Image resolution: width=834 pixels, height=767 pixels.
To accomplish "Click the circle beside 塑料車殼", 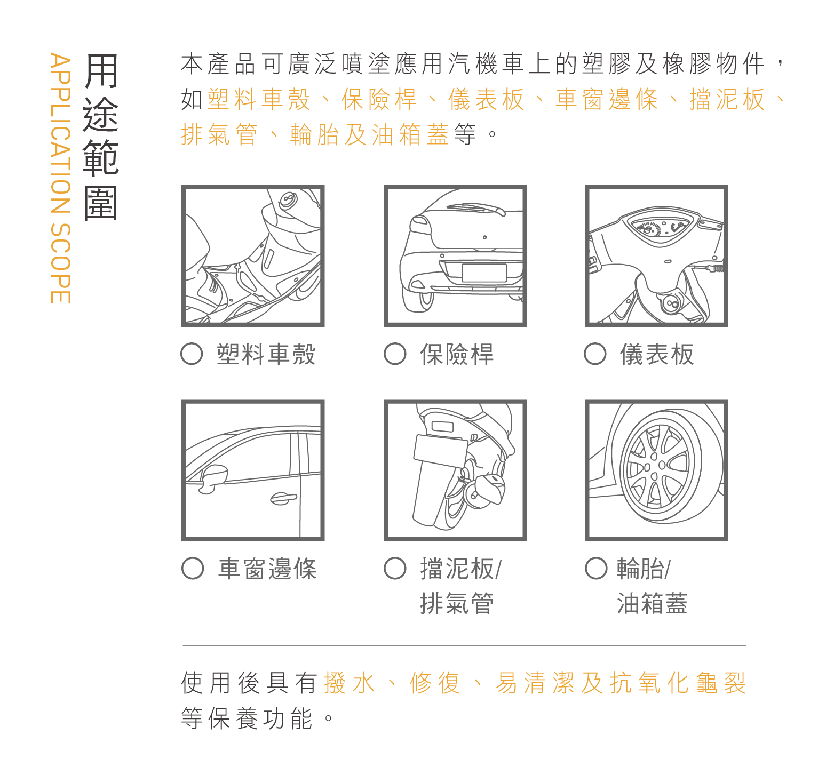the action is [192, 354].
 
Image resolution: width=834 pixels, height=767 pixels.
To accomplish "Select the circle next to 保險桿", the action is [395, 354].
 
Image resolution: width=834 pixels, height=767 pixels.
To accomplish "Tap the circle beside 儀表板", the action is [595, 354].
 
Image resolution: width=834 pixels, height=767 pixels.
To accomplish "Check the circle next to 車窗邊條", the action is [193, 568].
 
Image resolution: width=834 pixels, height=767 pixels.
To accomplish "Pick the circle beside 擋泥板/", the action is [395, 568].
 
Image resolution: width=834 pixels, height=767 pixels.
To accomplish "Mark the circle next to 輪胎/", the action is [596, 568].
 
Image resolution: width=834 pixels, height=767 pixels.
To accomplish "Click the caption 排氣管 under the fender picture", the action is [457, 603].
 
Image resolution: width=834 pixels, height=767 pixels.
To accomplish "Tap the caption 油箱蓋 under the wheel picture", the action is [652, 603].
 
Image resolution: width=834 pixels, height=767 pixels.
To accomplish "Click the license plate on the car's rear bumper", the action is [484, 273].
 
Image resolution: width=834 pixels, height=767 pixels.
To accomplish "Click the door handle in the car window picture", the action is [283, 498].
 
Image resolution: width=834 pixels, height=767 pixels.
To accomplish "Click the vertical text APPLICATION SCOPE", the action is [60, 178].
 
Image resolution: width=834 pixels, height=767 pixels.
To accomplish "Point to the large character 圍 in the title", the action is [100, 203].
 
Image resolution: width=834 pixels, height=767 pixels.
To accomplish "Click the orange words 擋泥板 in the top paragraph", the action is [727, 99].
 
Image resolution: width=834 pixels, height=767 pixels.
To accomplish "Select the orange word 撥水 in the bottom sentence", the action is [350, 683].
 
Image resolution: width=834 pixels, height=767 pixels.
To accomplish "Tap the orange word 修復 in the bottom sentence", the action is [435, 683].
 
